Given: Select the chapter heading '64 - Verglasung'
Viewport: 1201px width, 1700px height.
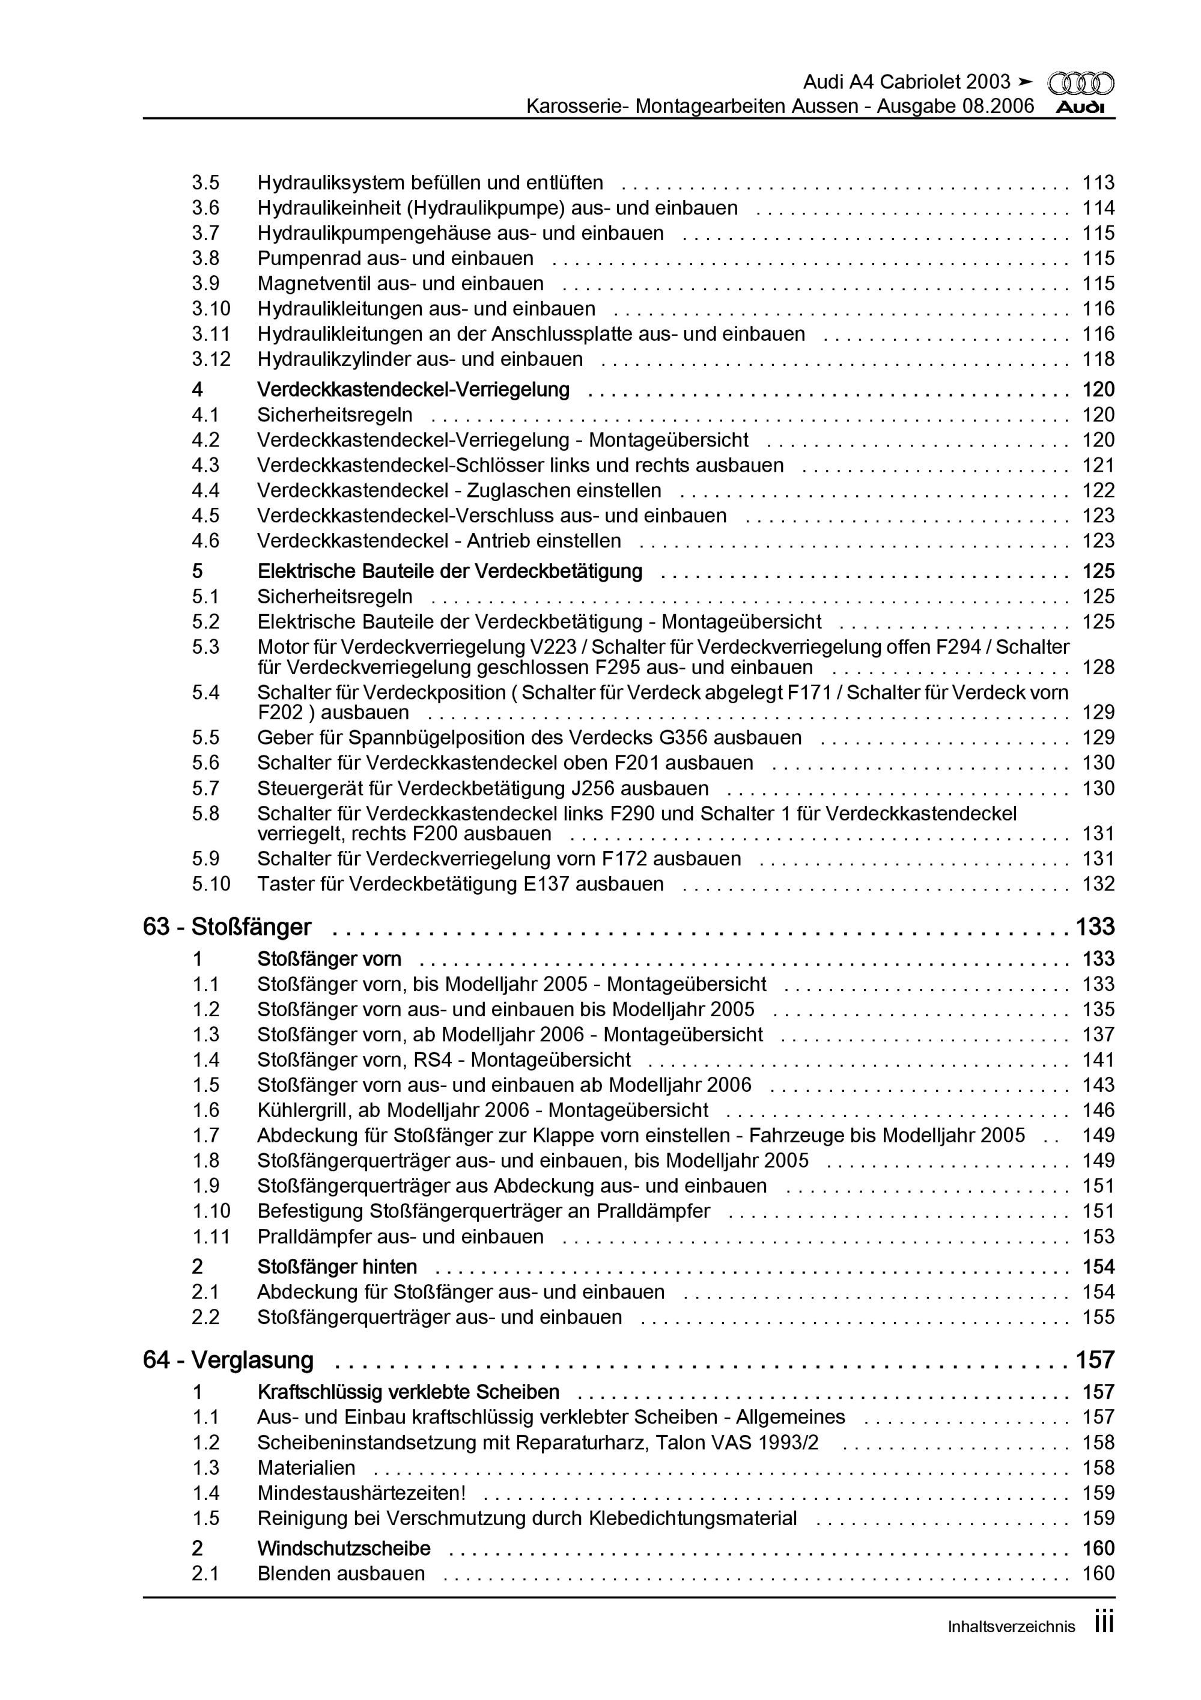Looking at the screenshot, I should point(228,1359).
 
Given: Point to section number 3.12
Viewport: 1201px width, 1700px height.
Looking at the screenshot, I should point(211,359).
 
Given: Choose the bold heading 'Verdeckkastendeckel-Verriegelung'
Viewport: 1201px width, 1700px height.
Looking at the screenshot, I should point(413,389).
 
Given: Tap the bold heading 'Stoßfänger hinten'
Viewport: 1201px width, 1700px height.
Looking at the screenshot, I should point(337,1267).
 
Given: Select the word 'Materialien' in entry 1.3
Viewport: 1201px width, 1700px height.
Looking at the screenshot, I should point(306,1467).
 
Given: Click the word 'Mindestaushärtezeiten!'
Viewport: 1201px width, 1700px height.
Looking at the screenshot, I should point(361,1493).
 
